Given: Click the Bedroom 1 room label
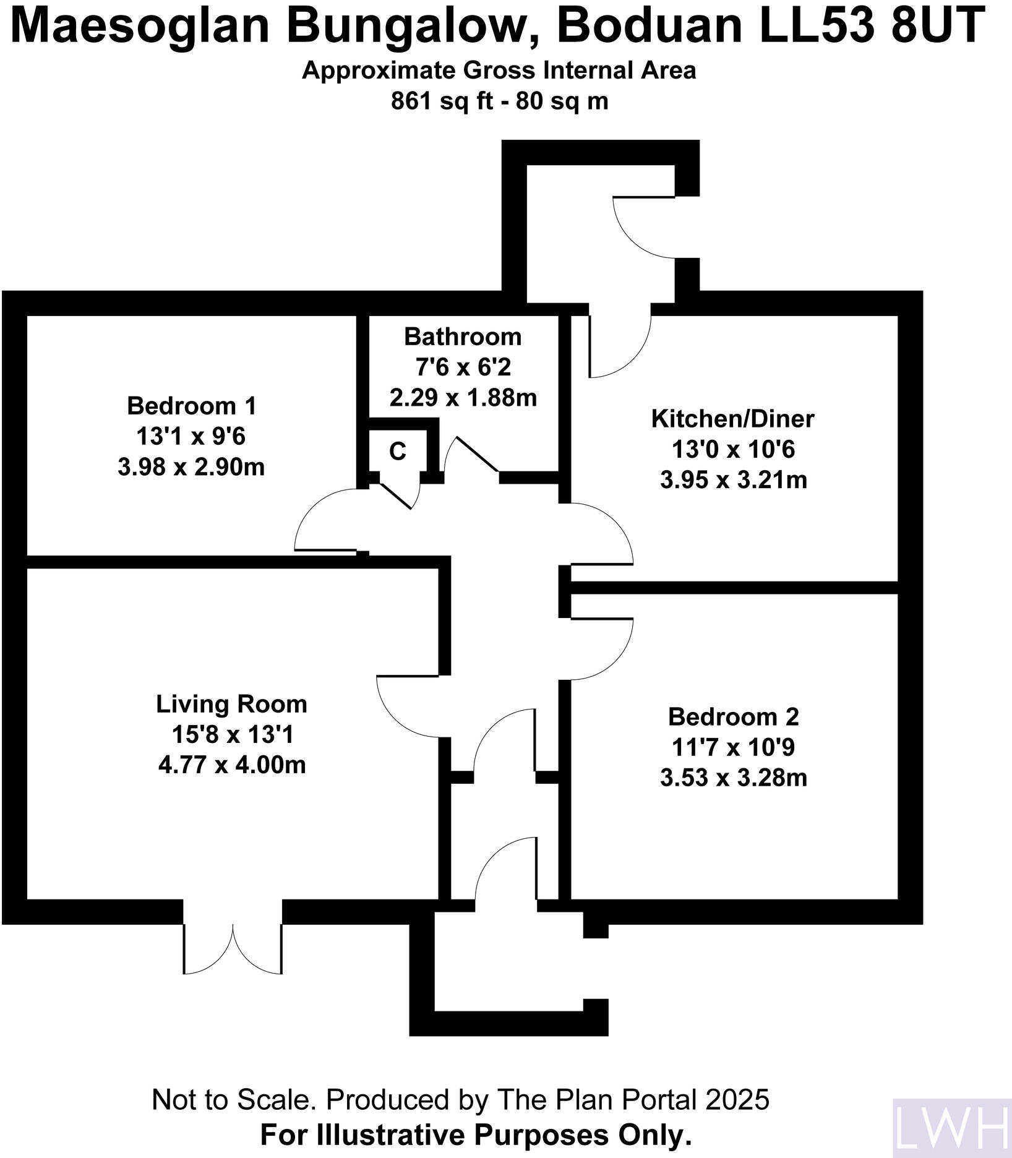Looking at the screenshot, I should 191,406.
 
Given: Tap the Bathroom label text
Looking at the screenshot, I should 462,337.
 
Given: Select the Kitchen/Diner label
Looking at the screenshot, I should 732,419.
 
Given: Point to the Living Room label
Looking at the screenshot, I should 231,705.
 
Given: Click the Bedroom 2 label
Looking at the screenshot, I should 733,718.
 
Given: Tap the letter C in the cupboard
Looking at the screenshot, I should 398,452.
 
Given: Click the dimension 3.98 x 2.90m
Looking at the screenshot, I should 191,467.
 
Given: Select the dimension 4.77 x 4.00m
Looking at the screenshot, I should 232,765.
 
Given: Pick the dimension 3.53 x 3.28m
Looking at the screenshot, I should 733,778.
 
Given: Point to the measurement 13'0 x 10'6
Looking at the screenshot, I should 733,450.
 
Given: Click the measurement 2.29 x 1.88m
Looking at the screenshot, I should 463,398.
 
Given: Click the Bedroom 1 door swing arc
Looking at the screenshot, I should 322,517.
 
